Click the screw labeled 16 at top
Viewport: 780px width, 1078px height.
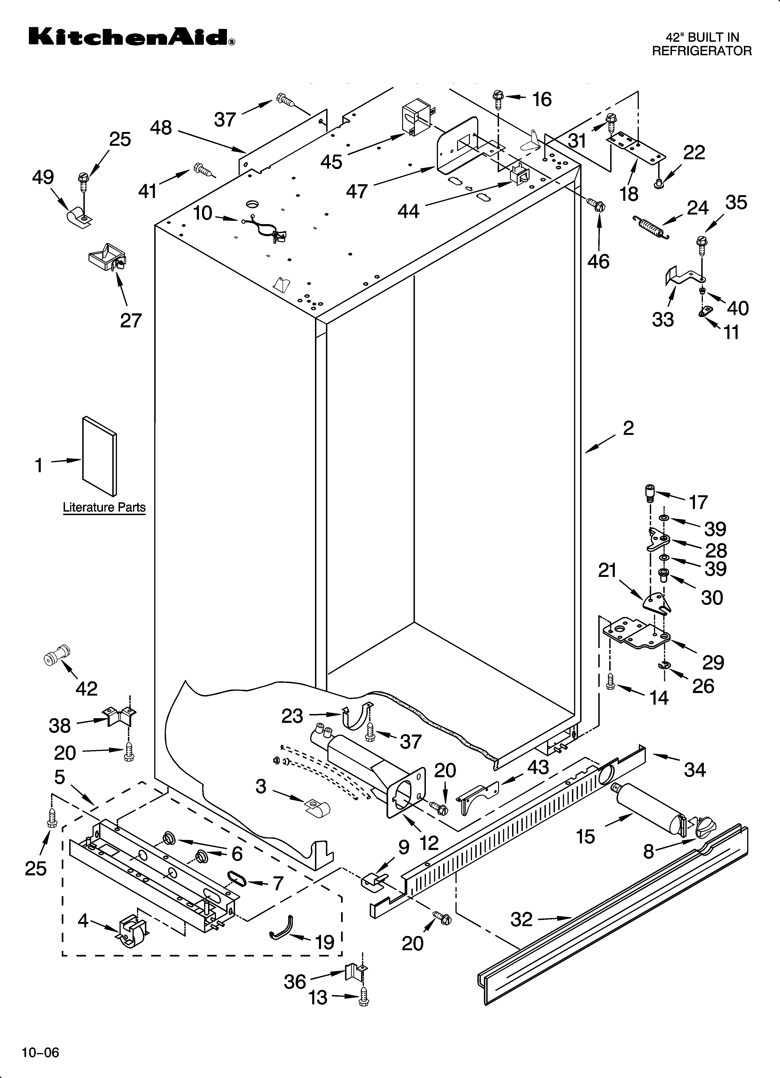[498, 100]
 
